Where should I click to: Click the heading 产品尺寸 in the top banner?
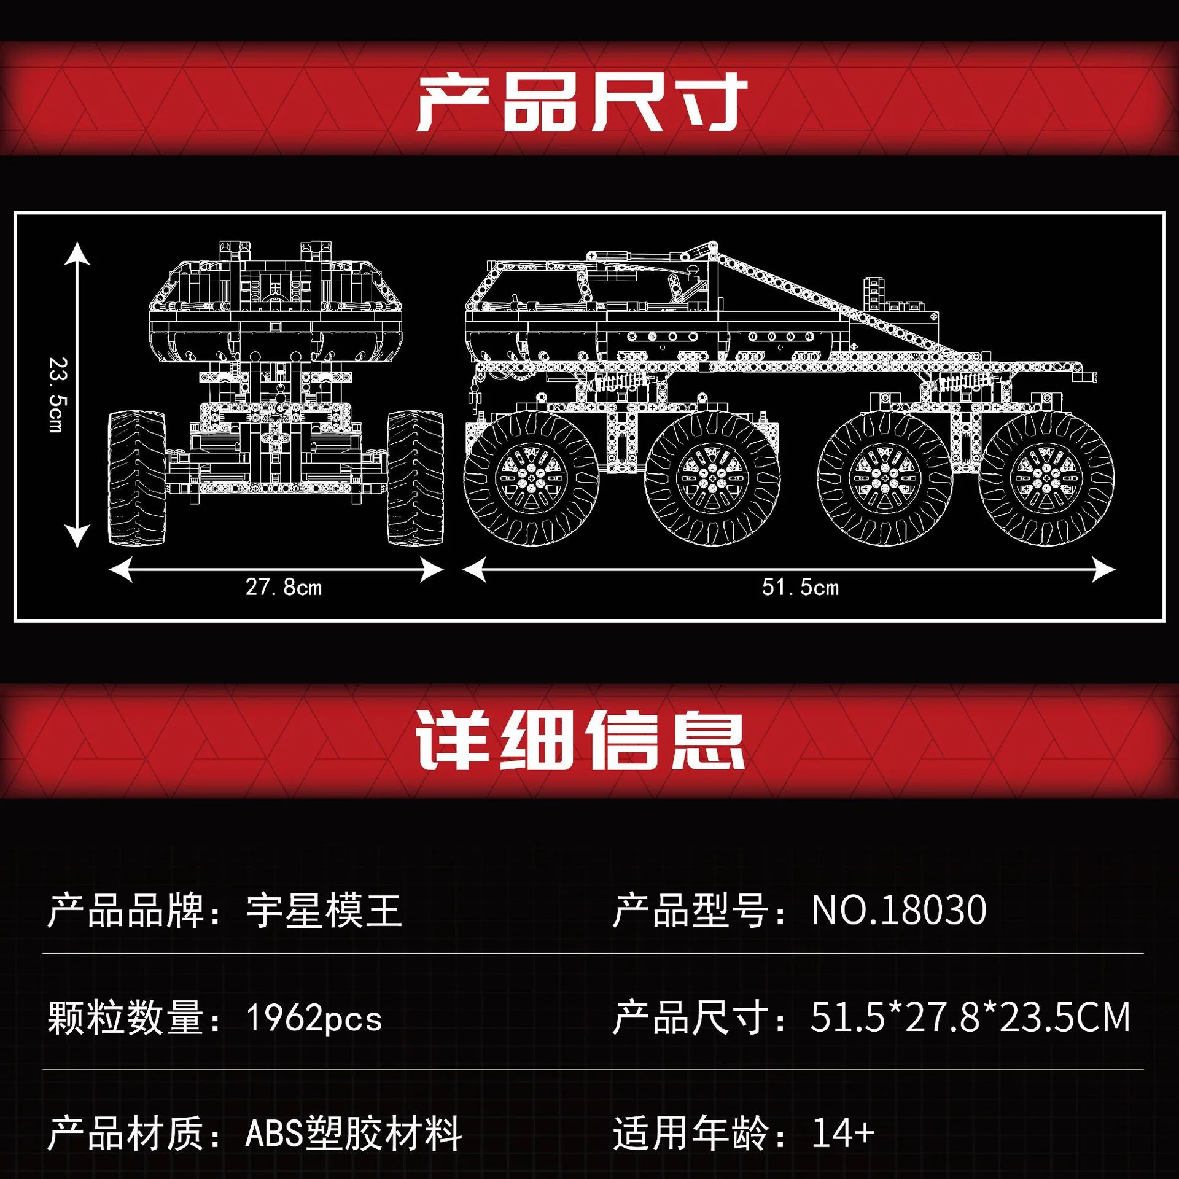(x=582, y=103)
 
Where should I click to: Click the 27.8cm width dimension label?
(x=284, y=587)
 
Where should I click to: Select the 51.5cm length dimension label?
(x=800, y=587)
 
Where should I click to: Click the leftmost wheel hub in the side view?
(x=531, y=478)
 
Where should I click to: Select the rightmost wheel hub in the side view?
(x=1046, y=478)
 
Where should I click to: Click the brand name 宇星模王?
(x=324, y=911)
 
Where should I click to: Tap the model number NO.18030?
(x=899, y=910)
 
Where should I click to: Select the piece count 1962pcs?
(x=314, y=1018)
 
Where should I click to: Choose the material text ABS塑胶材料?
(x=354, y=1133)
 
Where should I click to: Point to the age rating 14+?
(x=843, y=1133)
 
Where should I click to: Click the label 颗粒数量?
(x=125, y=1018)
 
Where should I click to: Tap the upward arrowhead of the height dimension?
(x=77, y=253)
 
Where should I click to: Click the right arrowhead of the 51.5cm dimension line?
(x=1104, y=570)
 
